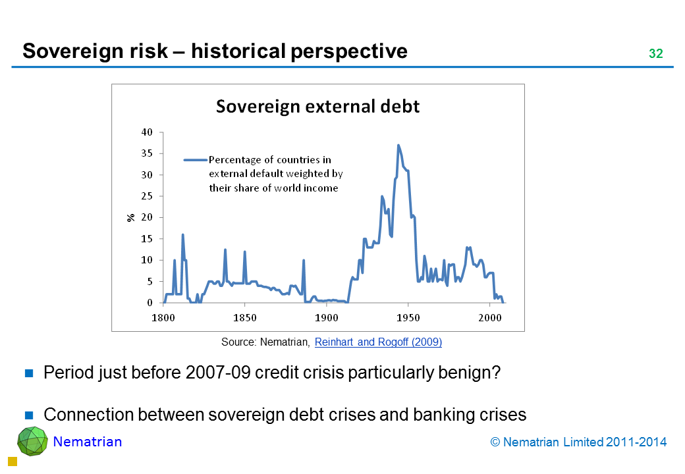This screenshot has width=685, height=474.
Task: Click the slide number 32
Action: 655,54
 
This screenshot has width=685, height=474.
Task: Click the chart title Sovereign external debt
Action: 317,107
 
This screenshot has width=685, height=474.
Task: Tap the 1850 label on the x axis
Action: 244,317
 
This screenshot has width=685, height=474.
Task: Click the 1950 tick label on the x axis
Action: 408,317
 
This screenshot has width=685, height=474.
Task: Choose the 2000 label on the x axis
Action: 490,317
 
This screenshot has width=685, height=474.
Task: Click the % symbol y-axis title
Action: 131,217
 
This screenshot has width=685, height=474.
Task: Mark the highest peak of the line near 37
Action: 398,145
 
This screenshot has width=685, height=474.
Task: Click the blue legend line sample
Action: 196,159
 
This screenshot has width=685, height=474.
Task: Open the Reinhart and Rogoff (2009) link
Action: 378,342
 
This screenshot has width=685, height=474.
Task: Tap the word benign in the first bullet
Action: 473,373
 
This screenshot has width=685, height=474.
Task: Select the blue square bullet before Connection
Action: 30,415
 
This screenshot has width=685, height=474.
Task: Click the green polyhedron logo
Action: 32,441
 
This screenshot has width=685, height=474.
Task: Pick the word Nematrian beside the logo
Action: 88,442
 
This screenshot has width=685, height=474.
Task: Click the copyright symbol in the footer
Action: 495,442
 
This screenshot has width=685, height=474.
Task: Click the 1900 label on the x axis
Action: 326,317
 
